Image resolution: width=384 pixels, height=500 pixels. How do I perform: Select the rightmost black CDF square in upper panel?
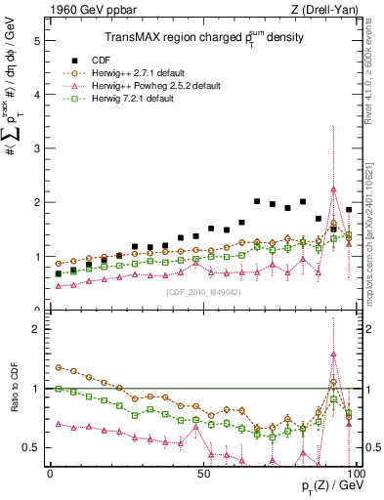349,210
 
